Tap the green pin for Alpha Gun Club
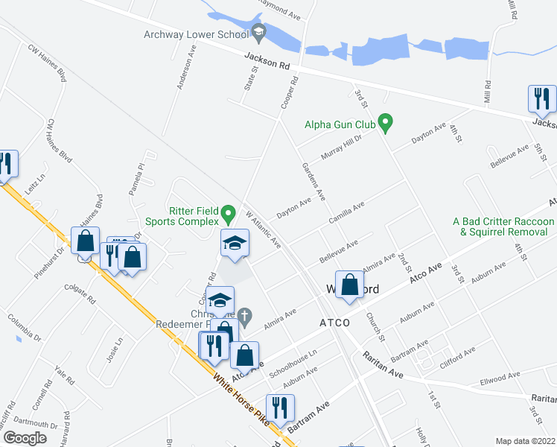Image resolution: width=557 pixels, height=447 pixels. click(x=385, y=121)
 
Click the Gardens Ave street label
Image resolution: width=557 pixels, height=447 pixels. click(x=313, y=182)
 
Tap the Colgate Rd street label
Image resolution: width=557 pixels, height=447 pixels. click(x=80, y=299)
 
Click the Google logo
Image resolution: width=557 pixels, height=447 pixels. click(x=25, y=438)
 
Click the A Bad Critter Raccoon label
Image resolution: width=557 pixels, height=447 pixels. click(x=504, y=222)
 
